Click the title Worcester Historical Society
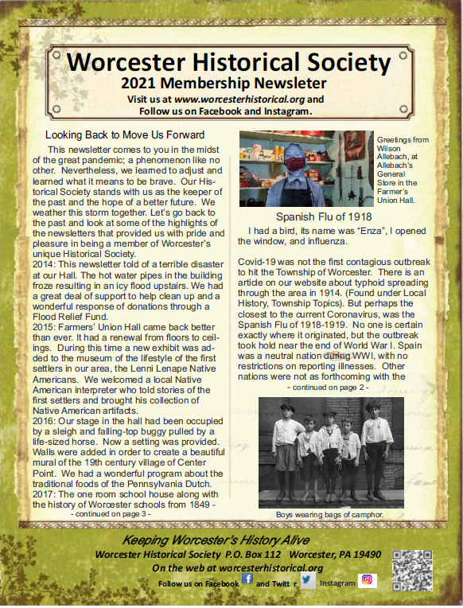(228, 63)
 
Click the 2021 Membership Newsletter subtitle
(225, 83)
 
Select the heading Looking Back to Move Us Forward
(125, 134)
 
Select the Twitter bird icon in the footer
(307, 579)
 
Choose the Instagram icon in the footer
(368, 579)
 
